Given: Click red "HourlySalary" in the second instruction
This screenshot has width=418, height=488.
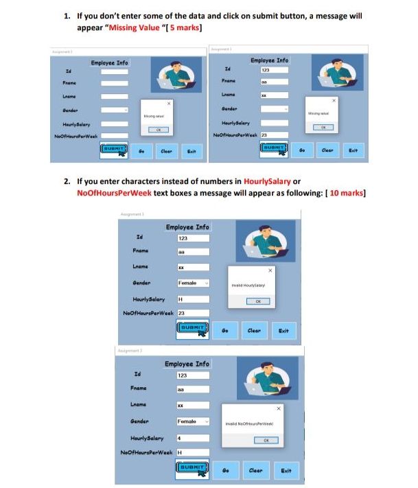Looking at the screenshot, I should (x=266, y=182).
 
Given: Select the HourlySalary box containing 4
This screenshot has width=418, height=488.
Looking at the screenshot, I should (x=193, y=437).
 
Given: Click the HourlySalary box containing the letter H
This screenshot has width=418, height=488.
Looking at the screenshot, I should (x=193, y=299).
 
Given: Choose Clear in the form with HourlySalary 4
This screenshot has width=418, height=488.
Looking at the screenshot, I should (x=255, y=470).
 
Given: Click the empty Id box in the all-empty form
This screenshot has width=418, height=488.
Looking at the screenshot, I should (x=115, y=71).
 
